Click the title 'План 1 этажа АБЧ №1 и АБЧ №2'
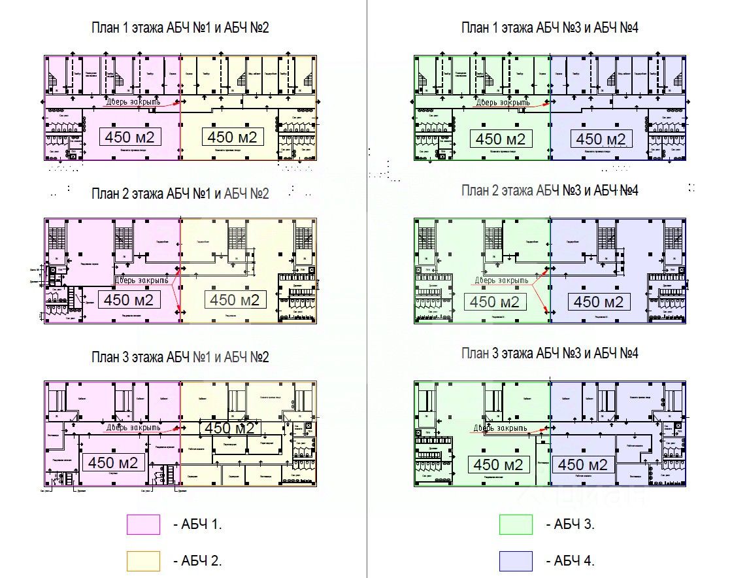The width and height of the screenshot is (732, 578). pyautogui.click(x=180, y=27)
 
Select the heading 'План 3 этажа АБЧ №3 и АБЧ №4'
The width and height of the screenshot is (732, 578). pyautogui.click(x=550, y=354)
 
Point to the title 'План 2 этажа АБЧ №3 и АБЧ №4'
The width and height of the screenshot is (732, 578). pyautogui.click(x=550, y=190)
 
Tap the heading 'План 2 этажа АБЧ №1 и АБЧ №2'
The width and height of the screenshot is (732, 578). pyautogui.click(x=180, y=194)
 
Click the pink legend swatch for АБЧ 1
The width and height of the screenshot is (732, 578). pyautogui.click(x=143, y=524)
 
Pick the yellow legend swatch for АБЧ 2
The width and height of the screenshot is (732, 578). pyautogui.click(x=143, y=561)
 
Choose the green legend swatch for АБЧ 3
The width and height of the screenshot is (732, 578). pyautogui.click(x=516, y=524)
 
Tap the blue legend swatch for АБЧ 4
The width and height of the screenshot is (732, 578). pyautogui.click(x=516, y=561)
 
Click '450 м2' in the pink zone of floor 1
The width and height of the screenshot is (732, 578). pyautogui.click(x=129, y=137)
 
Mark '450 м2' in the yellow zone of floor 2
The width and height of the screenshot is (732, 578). pyautogui.click(x=235, y=299)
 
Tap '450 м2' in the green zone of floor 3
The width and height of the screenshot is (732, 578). pyautogui.click(x=499, y=464)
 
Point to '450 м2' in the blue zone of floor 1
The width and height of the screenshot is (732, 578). pyautogui.click(x=601, y=139)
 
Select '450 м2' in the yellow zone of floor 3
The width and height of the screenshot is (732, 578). pyautogui.click(x=229, y=428)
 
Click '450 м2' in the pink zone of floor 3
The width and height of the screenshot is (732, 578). pyautogui.click(x=113, y=462)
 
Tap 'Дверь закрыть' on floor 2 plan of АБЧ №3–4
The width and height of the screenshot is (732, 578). pyautogui.click(x=501, y=280)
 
